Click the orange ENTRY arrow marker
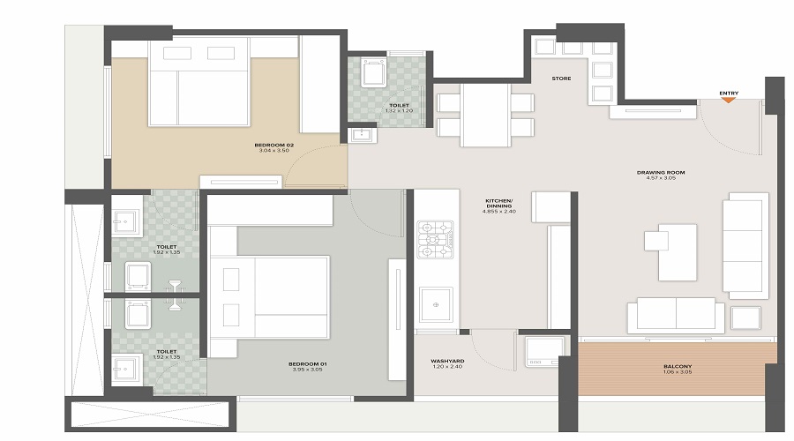(x=728, y=99)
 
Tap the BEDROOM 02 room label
(x=273, y=144)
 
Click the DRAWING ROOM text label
(x=661, y=172)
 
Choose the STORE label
(x=561, y=78)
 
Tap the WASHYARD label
(x=447, y=362)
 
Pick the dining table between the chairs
(x=485, y=115)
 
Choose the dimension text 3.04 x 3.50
(x=273, y=151)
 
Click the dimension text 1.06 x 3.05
(x=678, y=373)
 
